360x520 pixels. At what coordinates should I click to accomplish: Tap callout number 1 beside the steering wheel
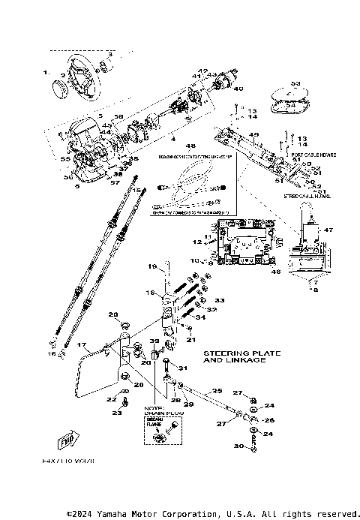(x=45, y=73)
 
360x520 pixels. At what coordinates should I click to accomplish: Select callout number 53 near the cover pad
(x=295, y=83)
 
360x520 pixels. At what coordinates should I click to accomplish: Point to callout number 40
(x=239, y=89)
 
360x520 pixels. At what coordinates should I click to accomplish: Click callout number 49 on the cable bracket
(x=253, y=135)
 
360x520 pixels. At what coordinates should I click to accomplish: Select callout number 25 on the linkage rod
(x=217, y=391)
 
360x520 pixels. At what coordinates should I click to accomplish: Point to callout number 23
(x=117, y=413)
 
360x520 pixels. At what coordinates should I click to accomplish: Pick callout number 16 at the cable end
(x=52, y=352)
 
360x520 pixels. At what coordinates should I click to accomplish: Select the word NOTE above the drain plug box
(x=154, y=406)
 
